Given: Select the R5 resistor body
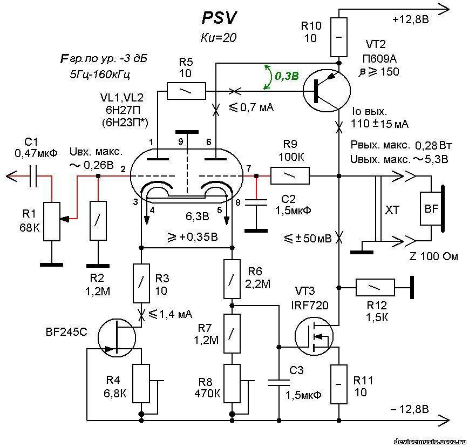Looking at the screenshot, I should pyautogui.click(x=186, y=91).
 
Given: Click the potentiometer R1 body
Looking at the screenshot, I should pyautogui.click(x=52, y=221).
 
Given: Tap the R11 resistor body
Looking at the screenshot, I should pyautogui.click(x=339, y=384).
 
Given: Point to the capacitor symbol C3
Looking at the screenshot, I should pyautogui.click(x=280, y=383).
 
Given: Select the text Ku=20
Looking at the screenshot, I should pyautogui.click(x=218, y=38).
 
